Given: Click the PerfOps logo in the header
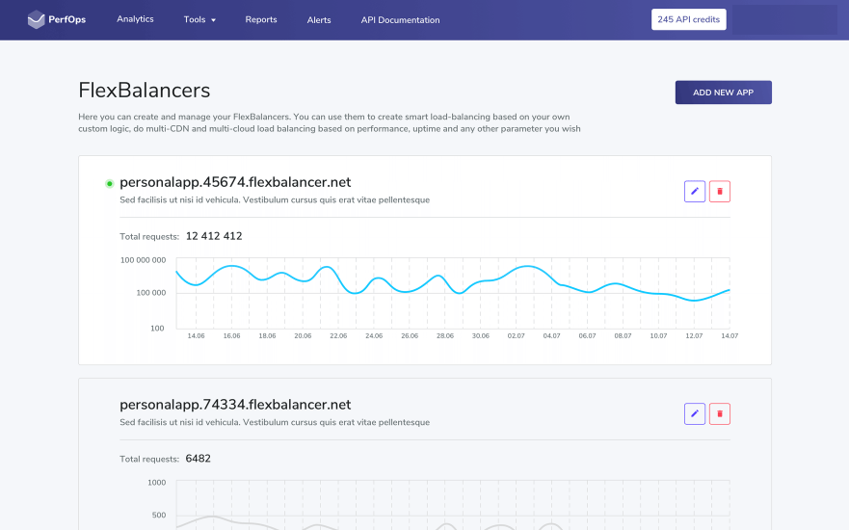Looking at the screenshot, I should pos(57,19).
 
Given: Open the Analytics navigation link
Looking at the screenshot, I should pos(135,19).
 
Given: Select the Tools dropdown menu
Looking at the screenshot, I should pos(199,19).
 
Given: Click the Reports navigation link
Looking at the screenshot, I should pos(261,19).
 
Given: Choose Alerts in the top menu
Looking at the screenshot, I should pos(319,19).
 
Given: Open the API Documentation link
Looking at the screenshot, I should pos(400,19).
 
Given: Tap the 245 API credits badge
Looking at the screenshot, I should pos(688,19).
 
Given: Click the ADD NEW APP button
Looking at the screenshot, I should pos(723,93).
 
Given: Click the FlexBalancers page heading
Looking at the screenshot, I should pos(144,91).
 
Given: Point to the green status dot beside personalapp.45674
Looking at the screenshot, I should pos(109,183).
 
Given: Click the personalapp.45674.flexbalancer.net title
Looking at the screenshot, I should pos(235,182).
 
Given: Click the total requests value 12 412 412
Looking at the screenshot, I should pos(214,236).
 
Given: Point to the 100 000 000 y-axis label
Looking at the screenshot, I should pos(143,260).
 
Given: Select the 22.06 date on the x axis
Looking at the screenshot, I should pos(338,335).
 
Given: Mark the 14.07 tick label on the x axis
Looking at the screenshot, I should pos(729,335).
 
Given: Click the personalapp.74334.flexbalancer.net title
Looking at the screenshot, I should pos(235,405).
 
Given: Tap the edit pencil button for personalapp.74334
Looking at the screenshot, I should pos(694,414).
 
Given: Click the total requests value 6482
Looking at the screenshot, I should pos(198,459).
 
